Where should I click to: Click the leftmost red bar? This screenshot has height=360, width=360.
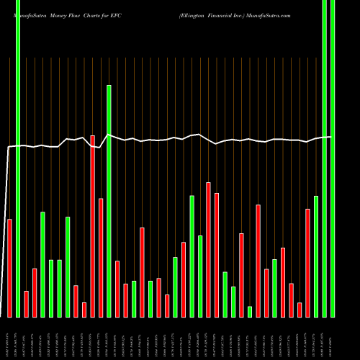[x=9, y=267]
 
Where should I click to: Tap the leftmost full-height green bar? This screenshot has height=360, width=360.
[x=18, y=158]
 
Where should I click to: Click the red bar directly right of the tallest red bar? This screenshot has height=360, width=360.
[x=101, y=257]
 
